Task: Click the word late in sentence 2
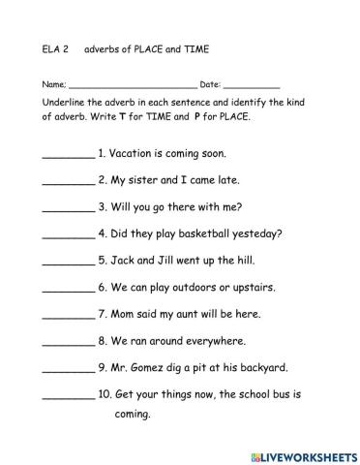click(x=225, y=179)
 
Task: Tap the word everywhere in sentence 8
click(x=211, y=341)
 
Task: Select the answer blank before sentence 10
click(x=69, y=397)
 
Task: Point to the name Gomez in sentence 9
click(x=147, y=368)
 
